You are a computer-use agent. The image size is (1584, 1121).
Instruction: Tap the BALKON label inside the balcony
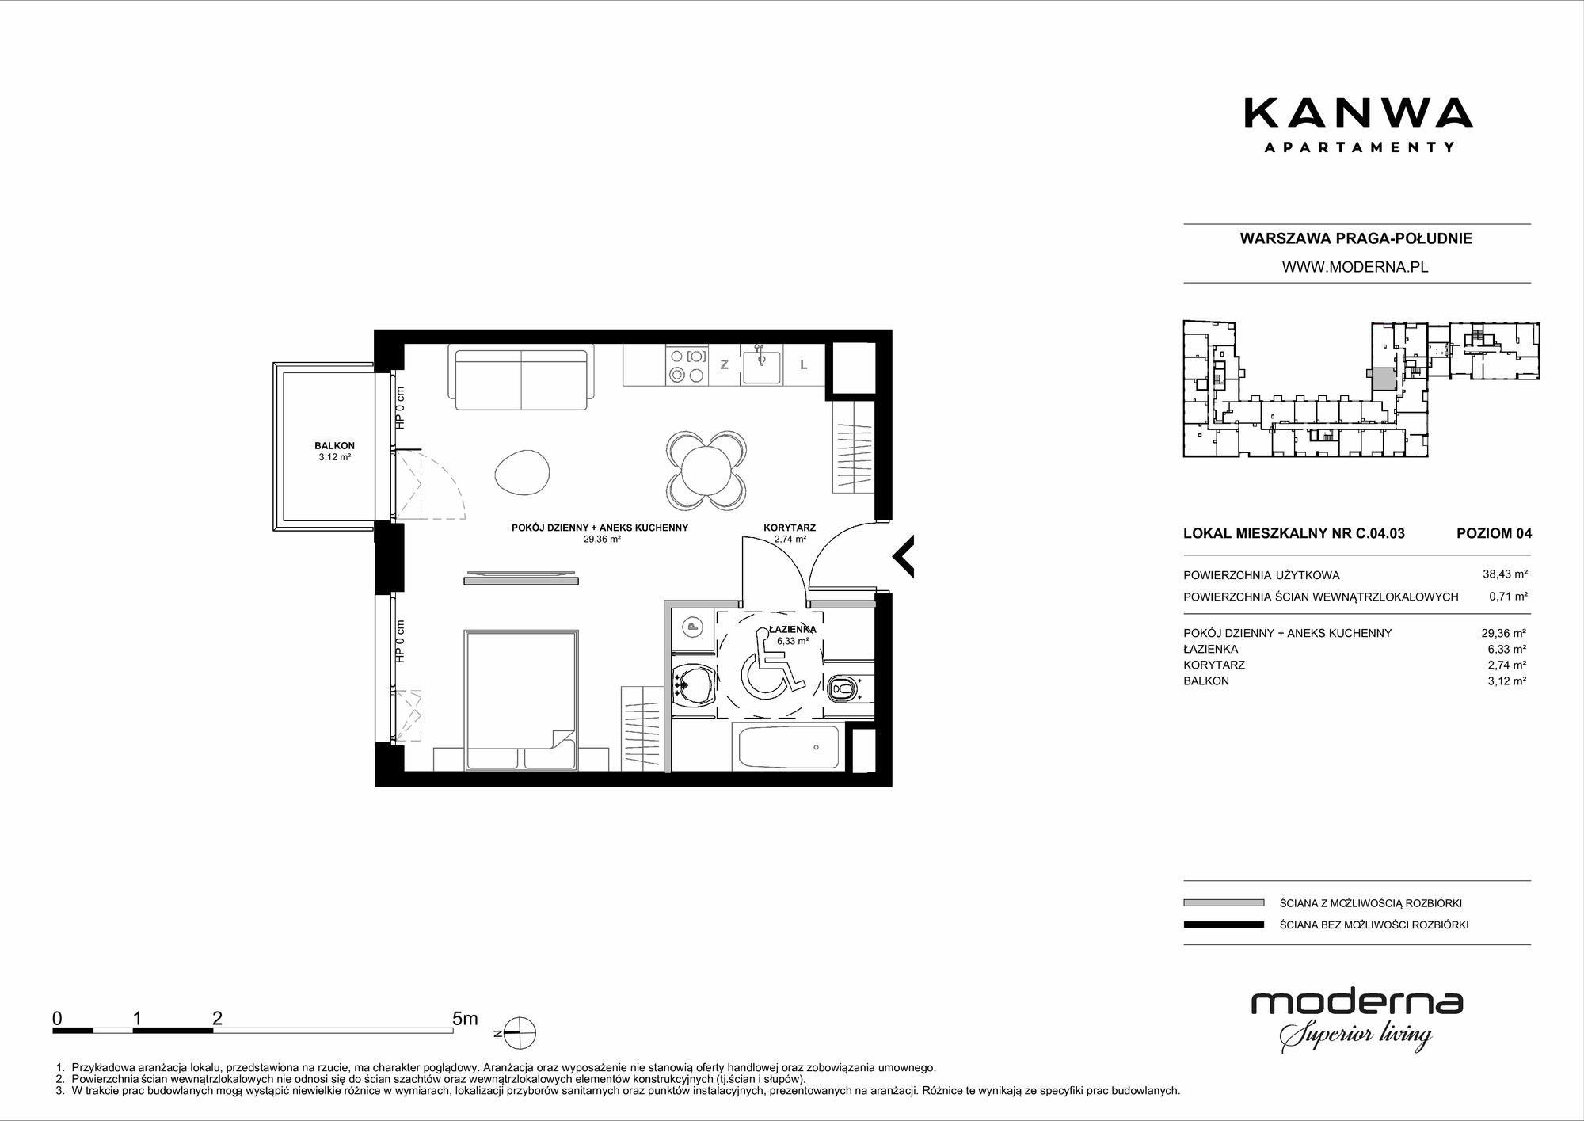tap(334, 446)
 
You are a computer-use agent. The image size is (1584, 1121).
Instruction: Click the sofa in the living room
tap(521, 376)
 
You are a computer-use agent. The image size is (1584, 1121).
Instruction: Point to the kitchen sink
tap(761, 365)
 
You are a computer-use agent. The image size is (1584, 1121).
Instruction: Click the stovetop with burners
tap(687, 365)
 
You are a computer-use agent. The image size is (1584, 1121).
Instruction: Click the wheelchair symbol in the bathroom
tap(766, 662)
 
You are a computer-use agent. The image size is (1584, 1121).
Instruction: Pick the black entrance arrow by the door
tap(904, 555)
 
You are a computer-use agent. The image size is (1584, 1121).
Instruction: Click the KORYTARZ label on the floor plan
tap(789, 528)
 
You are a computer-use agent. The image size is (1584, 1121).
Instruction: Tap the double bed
tap(521, 700)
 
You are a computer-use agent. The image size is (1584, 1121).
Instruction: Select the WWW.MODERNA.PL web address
tap(1355, 267)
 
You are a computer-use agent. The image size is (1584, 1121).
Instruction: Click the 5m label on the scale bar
tap(465, 1018)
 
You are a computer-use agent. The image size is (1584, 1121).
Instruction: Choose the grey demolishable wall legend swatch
tap(1224, 902)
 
